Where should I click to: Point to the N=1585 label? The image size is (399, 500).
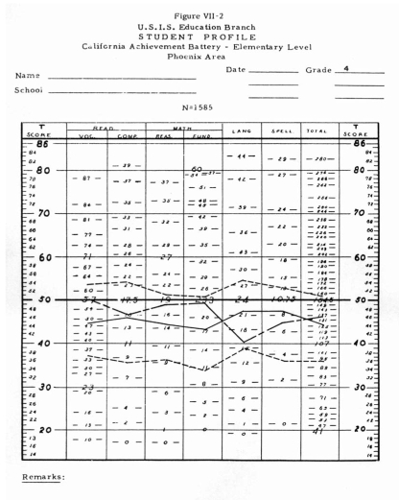pyautogui.click(x=200, y=107)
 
